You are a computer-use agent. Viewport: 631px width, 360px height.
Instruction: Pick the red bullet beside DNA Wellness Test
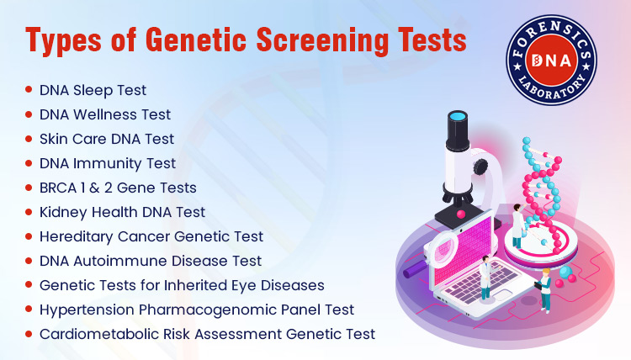[x=29, y=113]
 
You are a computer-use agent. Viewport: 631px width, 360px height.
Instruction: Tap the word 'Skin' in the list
[x=56, y=138]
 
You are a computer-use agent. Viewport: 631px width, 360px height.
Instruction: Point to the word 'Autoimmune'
[x=118, y=260]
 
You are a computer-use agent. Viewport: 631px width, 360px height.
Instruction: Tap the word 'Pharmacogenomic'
[x=194, y=309]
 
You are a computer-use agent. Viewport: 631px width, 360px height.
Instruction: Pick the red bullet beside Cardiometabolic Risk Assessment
[x=29, y=332]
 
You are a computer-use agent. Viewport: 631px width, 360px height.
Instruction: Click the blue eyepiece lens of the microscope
[x=458, y=117]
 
